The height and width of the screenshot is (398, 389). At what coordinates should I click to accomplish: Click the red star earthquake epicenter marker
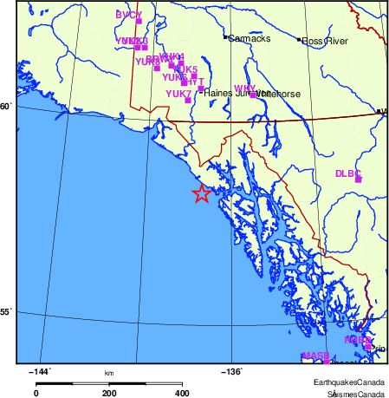201,194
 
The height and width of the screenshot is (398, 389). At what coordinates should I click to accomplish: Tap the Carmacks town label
250,39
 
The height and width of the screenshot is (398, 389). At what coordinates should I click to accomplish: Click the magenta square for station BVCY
139,21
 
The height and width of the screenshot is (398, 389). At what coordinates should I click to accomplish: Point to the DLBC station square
358,179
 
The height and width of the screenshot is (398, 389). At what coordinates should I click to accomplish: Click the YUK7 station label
178,94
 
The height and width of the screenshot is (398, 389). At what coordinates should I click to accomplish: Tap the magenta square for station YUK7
188,101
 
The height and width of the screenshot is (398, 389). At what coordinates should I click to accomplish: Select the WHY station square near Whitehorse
252,95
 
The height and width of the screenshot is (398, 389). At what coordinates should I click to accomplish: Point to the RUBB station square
367,345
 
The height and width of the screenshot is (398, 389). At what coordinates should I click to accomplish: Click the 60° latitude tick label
6,107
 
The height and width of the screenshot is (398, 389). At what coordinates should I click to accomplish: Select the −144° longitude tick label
40,373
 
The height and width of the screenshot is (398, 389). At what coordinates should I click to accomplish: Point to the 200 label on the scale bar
109,393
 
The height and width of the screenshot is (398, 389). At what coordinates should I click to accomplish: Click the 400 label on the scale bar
183,393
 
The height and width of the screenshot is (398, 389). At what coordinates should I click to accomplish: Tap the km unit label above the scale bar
109,374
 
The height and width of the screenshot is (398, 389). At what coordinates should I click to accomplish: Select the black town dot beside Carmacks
225,38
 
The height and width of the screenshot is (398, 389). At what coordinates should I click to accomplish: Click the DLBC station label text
347,173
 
